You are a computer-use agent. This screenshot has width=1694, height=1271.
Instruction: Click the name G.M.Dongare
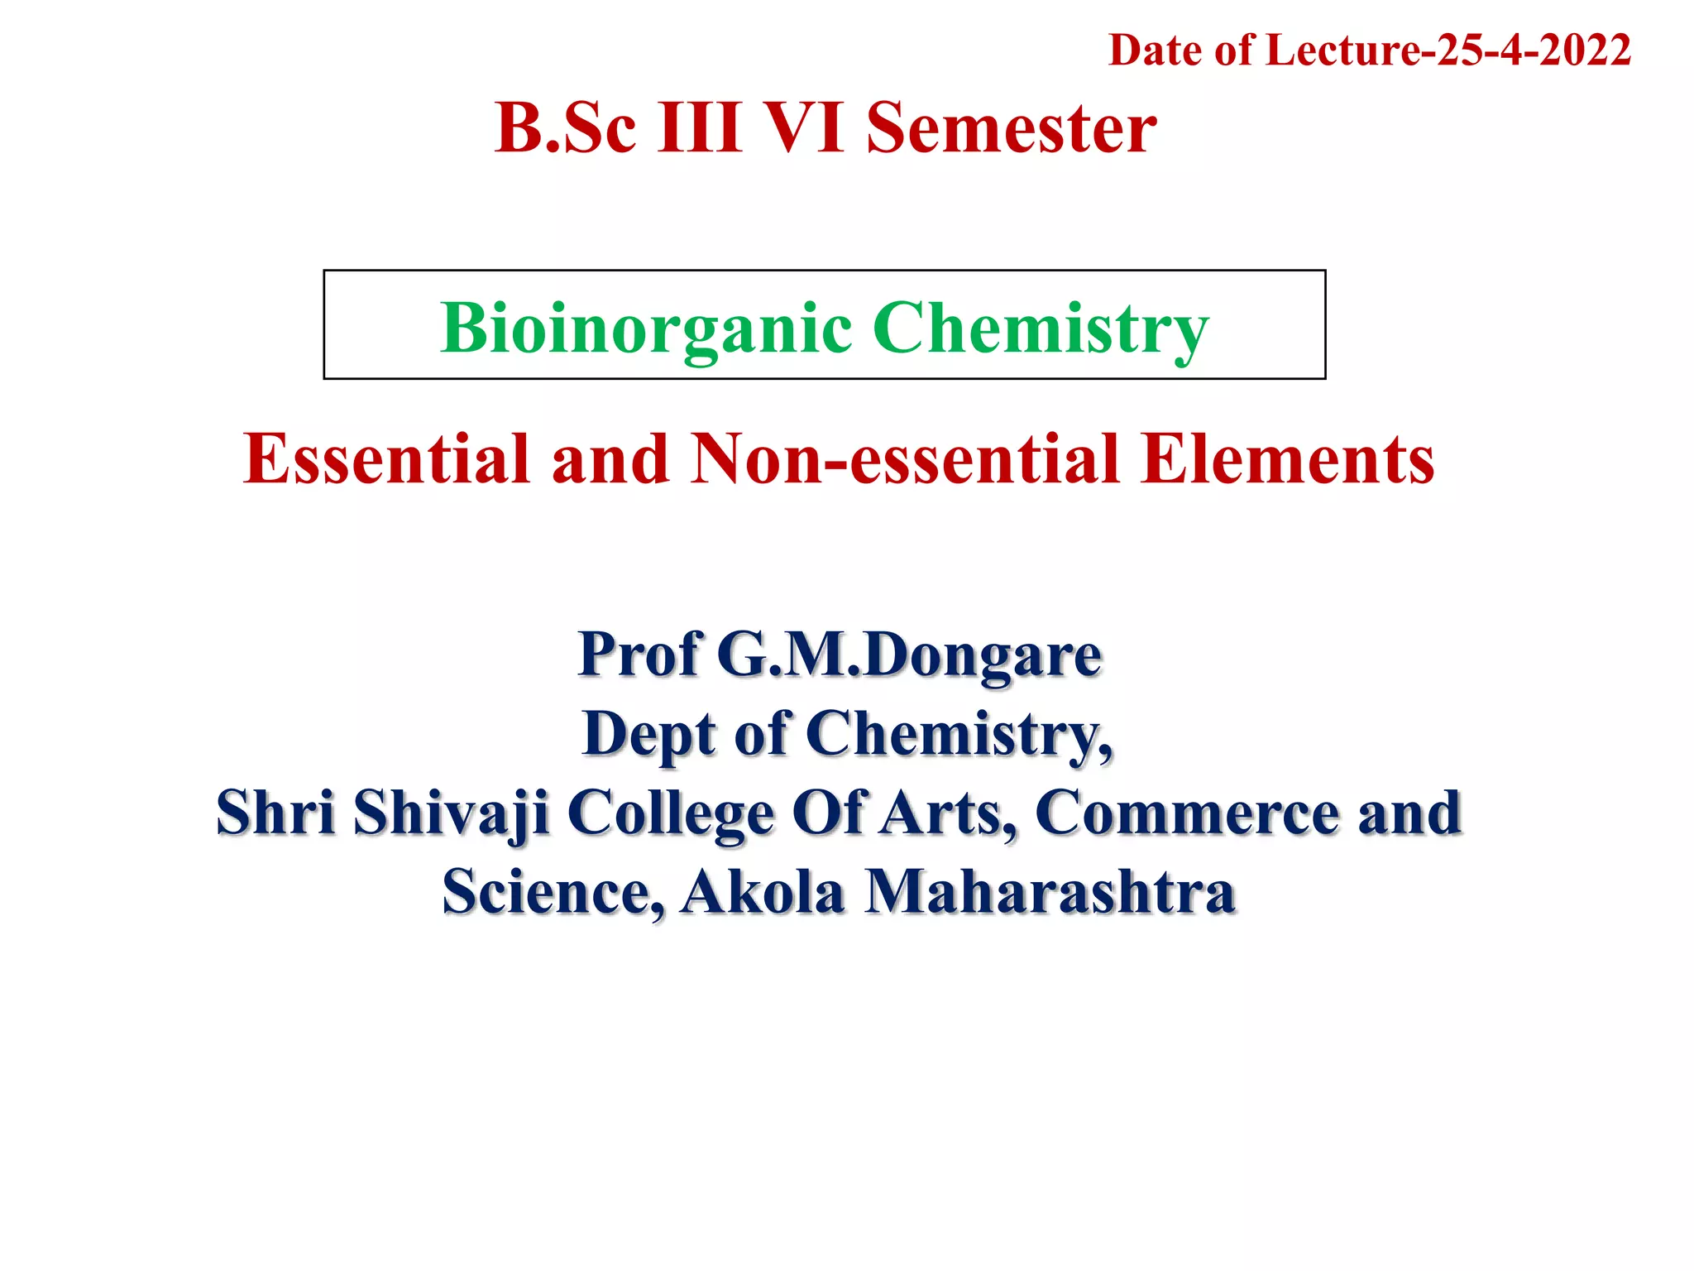click(x=909, y=654)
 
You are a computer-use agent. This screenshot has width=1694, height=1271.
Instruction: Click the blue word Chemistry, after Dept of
click(x=959, y=733)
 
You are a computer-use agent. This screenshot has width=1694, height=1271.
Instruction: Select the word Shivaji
click(x=452, y=813)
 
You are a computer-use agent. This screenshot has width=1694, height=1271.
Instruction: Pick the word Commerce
click(x=1187, y=813)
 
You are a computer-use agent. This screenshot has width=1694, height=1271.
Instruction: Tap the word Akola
click(x=762, y=892)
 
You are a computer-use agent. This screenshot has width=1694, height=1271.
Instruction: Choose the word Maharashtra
click(x=1050, y=892)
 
